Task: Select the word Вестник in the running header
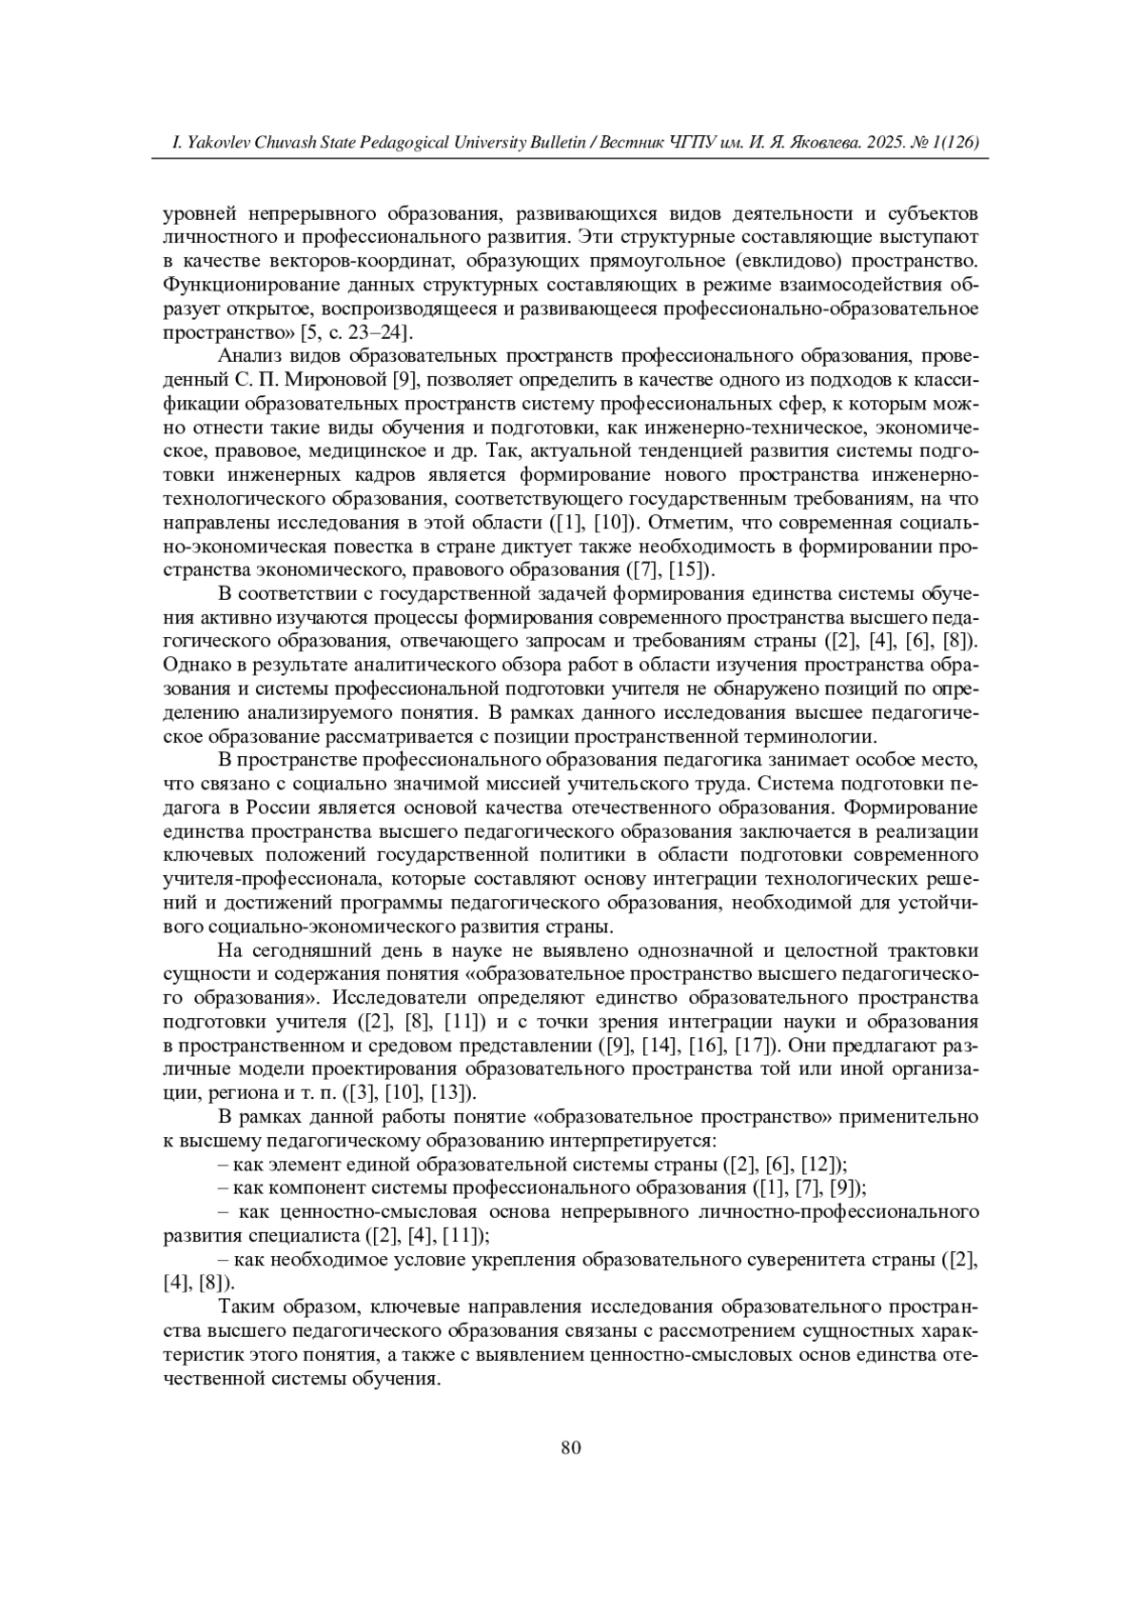pyautogui.click(x=635, y=143)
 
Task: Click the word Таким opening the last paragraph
pyautogui.click(x=245, y=1307)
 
